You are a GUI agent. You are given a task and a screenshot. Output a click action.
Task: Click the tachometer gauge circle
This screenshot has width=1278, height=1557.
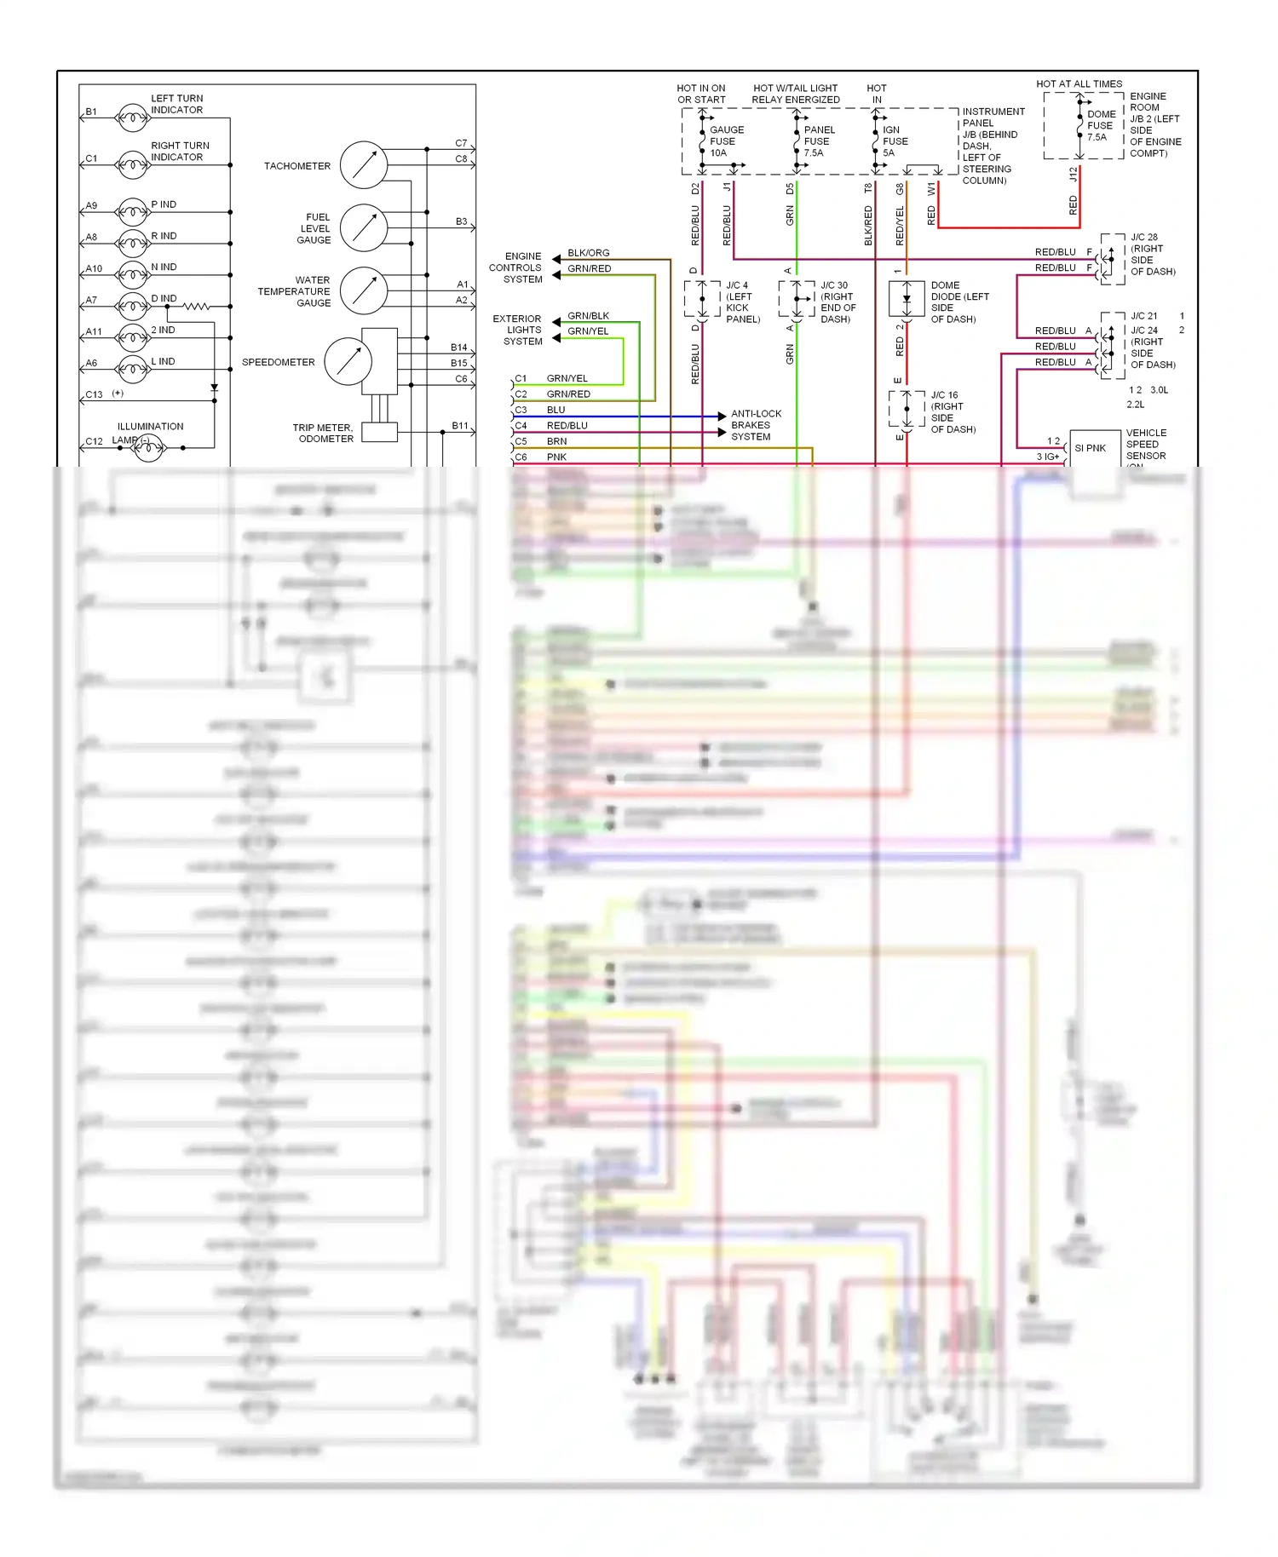point(364,165)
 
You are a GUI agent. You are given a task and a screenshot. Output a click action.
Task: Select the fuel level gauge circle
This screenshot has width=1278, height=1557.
point(364,228)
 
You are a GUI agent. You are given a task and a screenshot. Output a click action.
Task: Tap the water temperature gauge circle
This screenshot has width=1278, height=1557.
point(364,291)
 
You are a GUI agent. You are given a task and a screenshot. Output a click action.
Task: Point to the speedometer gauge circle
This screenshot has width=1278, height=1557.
point(348,361)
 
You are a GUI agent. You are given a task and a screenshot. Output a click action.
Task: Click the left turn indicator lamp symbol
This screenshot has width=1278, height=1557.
point(133,117)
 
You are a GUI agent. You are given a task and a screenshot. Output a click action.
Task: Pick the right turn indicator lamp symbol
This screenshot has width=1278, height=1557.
point(133,164)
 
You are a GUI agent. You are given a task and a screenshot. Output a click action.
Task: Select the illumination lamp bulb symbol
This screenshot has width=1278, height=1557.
point(148,446)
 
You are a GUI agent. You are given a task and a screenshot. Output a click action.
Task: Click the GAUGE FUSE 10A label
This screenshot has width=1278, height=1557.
point(726,141)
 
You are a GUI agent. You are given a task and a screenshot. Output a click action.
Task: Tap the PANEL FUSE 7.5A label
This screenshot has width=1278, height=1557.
point(819,141)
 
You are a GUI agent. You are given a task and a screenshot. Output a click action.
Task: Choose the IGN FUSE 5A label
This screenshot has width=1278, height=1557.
point(895,141)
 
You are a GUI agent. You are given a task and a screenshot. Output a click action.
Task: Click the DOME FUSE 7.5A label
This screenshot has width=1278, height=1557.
point(1101,125)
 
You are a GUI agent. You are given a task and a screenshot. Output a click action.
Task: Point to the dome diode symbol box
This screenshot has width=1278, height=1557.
point(907,299)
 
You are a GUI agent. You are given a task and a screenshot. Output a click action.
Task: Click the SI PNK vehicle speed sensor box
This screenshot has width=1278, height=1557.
point(1093,449)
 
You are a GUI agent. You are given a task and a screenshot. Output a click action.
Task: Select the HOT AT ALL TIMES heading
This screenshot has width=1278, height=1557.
point(1079,83)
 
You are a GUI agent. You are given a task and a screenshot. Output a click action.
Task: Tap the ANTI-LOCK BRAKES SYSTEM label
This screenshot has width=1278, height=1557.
point(756,425)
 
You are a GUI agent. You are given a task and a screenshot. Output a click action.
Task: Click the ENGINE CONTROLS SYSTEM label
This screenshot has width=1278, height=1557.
point(516,267)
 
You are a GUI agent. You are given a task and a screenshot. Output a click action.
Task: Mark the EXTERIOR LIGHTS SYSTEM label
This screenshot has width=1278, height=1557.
point(518,330)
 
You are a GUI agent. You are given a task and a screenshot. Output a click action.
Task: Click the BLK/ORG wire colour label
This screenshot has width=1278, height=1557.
point(588,253)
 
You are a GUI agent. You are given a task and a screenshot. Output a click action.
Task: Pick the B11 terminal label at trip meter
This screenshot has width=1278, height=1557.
point(460,426)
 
